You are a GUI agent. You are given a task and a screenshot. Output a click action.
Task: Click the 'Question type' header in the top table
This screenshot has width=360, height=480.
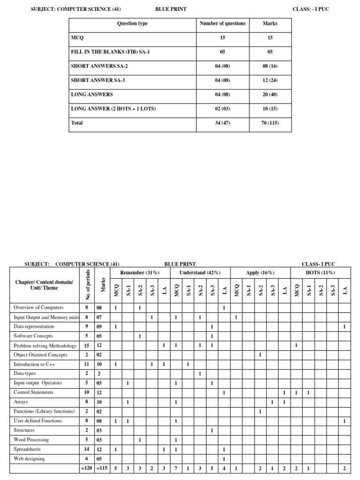(132, 23)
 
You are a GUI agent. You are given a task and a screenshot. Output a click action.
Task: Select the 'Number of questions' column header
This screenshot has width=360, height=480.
(222, 23)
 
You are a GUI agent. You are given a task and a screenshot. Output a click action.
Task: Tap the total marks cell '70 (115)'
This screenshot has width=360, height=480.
(270, 123)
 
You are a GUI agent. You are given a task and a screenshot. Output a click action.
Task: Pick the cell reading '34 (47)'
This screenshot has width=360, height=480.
(222, 123)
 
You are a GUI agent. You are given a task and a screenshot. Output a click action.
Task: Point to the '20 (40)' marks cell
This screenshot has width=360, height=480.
(270, 95)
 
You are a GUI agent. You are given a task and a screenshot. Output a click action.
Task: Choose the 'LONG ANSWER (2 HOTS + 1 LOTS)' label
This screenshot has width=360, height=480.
(113, 109)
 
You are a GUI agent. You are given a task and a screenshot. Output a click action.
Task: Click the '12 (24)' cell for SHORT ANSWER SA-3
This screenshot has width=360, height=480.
(270, 81)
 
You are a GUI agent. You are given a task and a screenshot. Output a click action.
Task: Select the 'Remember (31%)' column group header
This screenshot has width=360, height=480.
(140, 273)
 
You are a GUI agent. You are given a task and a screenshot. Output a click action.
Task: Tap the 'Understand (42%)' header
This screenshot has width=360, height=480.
(200, 273)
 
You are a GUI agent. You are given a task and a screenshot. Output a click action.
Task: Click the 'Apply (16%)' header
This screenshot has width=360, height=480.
(260, 273)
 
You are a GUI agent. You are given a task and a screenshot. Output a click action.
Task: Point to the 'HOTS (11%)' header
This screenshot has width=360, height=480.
(321, 273)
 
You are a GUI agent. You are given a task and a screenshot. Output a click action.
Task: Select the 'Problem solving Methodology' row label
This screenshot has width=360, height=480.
(45, 345)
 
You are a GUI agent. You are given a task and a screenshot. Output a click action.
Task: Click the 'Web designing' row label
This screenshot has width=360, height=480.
(30, 459)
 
